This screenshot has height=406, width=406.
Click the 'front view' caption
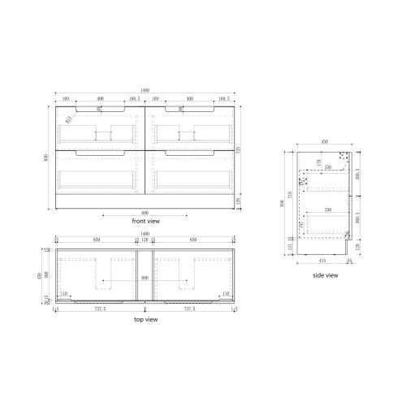pos(146,221)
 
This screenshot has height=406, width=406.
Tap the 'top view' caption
pos(145,319)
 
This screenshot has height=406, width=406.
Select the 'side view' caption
pos(325,275)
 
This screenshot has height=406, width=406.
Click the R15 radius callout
pos(70,119)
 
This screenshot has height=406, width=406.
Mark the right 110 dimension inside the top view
pos(227,293)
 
